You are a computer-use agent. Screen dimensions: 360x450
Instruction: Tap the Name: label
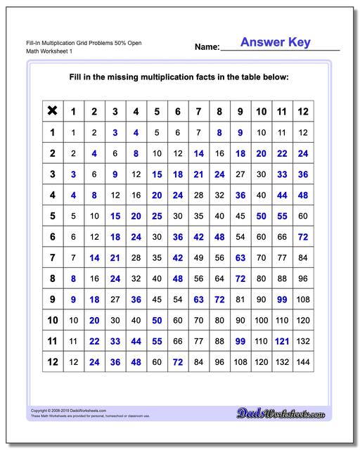coord(207,47)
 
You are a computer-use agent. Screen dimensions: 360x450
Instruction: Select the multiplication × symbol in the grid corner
coord(51,110)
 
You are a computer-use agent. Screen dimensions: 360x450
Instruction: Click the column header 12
coord(303,111)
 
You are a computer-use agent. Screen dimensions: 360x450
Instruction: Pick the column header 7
coord(199,111)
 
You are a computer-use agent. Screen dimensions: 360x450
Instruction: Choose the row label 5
coord(51,216)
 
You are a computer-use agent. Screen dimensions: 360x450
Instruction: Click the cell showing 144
coord(303,363)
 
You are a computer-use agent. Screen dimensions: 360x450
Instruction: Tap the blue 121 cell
coord(282,342)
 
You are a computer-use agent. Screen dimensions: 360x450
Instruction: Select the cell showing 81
coord(240,300)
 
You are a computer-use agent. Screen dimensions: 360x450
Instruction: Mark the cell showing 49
coord(199,258)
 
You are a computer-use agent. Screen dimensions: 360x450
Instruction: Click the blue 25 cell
coord(157,216)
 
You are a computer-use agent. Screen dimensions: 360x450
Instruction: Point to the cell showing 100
coord(262,321)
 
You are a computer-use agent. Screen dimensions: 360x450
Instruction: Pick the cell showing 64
coord(219,279)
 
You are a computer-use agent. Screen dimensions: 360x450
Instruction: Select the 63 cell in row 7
coord(240,258)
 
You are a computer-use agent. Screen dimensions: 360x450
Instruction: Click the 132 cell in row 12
coord(282,363)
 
